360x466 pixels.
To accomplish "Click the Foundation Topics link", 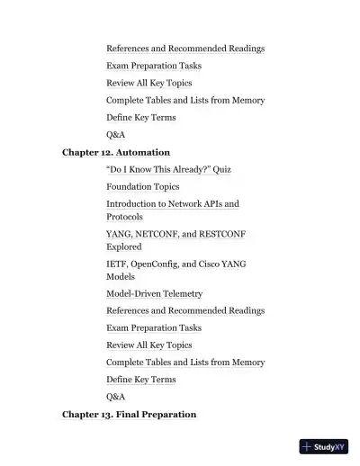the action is click(x=142, y=186).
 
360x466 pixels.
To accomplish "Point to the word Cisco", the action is click(x=215, y=264).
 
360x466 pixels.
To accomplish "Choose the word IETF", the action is click(x=117, y=264).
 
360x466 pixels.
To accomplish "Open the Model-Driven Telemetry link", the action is click(x=154, y=293).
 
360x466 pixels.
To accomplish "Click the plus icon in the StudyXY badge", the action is click(x=307, y=446).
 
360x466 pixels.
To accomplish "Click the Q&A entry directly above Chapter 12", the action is click(x=115, y=134).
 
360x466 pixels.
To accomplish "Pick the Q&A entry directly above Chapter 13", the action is click(x=115, y=396).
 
